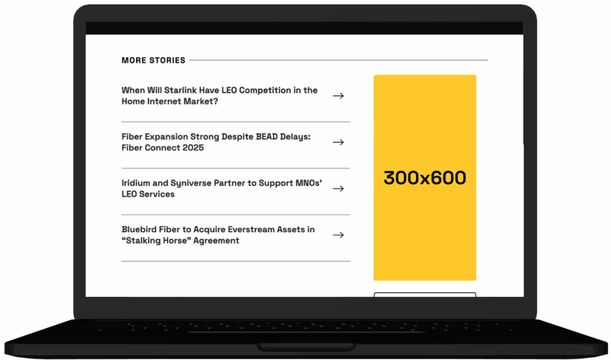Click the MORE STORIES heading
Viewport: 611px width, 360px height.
click(x=153, y=60)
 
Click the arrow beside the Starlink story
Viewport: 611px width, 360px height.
click(x=338, y=96)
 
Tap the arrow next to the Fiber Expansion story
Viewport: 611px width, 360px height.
click(x=338, y=142)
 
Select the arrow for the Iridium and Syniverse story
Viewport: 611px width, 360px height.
click(x=338, y=189)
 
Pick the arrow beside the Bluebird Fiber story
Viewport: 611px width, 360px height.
click(x=338, y=235)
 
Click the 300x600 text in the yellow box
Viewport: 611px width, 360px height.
click(x=425, y=178)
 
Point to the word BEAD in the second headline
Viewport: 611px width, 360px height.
click(x=267, y=137)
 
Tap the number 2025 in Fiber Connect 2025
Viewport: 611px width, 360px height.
click(x=194, y=148)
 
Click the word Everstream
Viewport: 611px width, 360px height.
click(x=251, y=229)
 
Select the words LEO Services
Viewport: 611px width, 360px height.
click(x=148, y=194)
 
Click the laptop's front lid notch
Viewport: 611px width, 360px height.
click(x=306, y=346)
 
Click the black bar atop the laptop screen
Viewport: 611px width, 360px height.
click(x=304, y=28)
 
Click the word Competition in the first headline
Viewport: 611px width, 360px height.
click(x=265, y=91)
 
